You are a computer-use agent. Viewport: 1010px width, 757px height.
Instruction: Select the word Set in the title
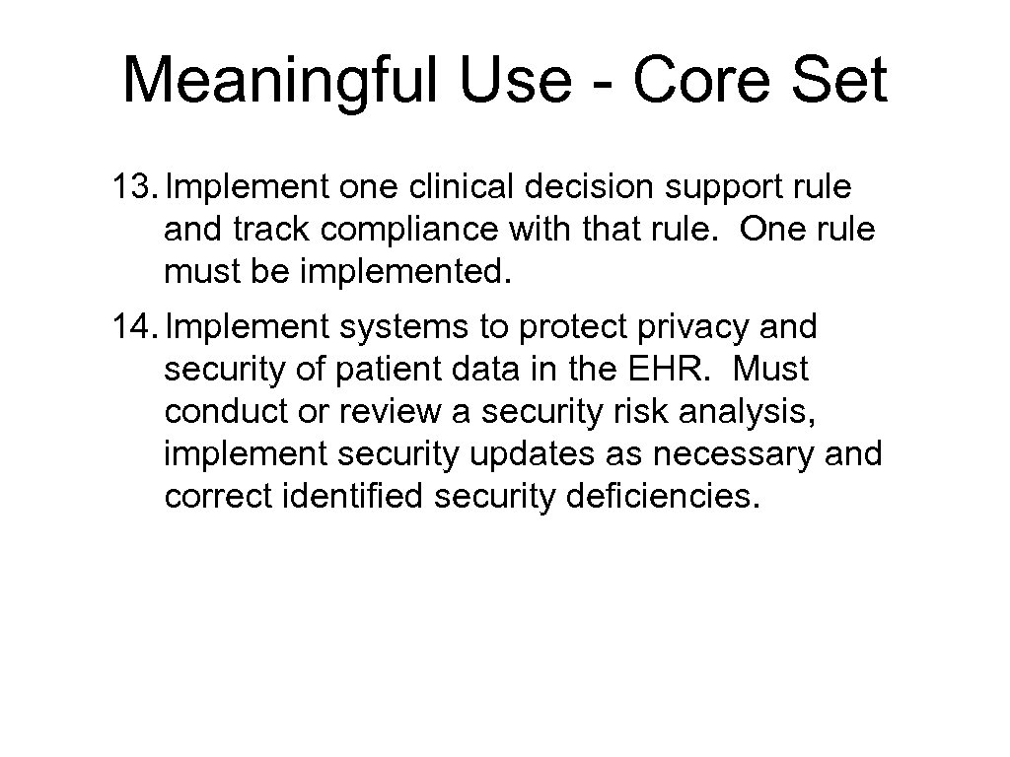[844, 80]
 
